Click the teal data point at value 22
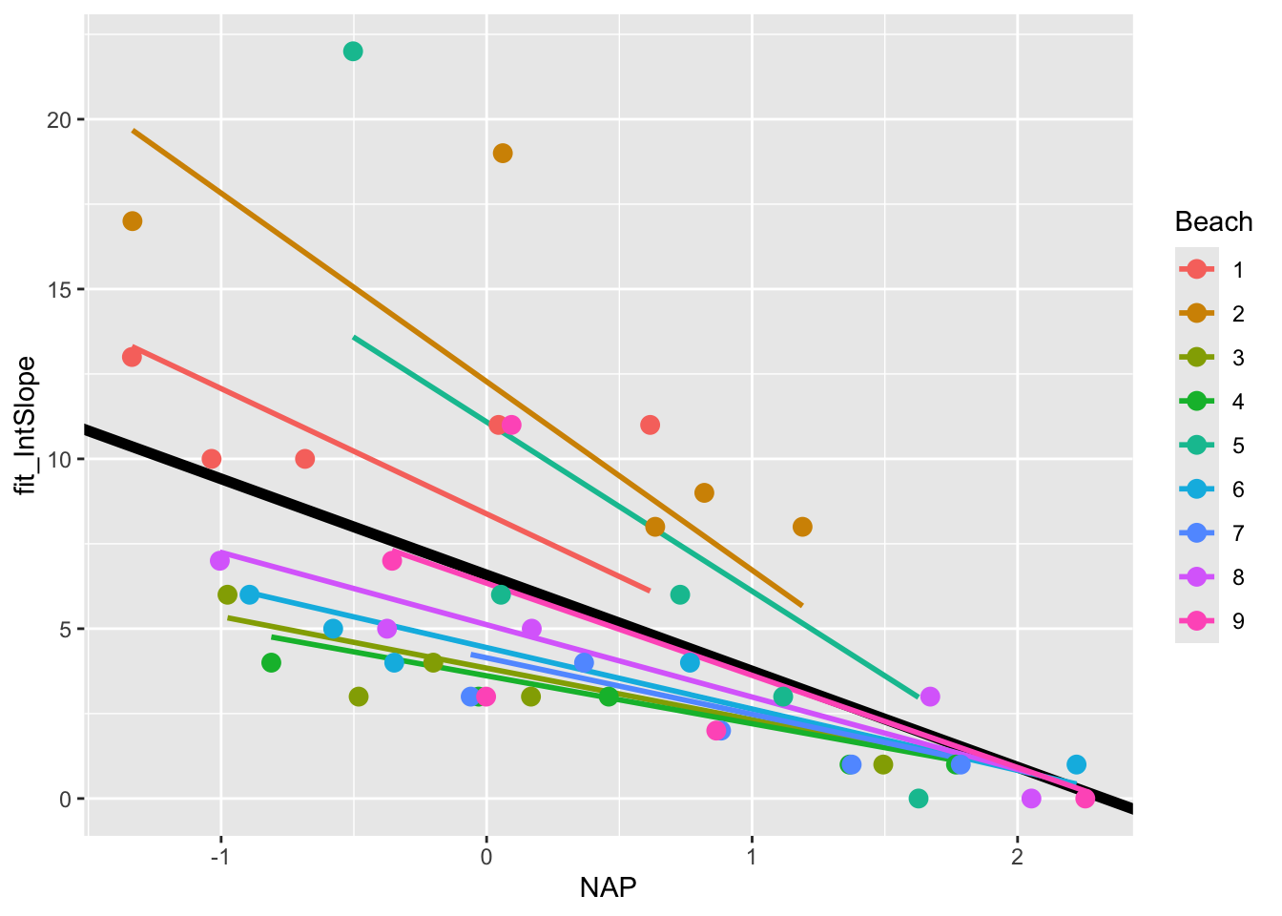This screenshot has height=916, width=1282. coord(353,52)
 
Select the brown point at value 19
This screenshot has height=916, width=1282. coord(503,154)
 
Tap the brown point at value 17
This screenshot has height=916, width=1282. coord(133,221)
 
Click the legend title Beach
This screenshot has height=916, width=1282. coord(1213,222)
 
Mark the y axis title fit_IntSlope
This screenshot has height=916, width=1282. coord(27,426)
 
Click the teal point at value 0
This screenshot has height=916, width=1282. coord(919,799)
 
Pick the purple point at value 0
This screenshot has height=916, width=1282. coord(1031,799)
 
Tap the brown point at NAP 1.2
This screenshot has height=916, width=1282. coord(802,527)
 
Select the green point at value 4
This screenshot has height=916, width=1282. coord(271,663)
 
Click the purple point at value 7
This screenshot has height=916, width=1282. coord(219,561)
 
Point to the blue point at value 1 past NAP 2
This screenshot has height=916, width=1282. coord(1076,764)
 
